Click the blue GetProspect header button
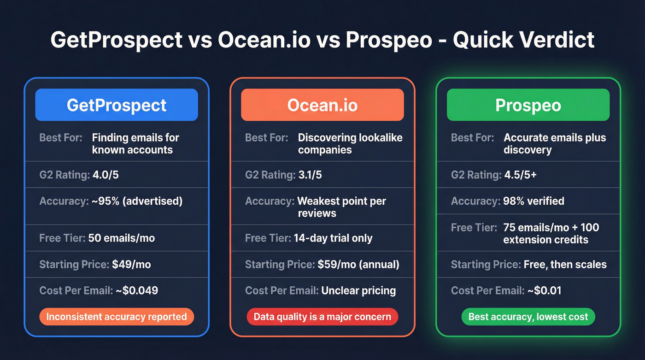(x=117, y=105)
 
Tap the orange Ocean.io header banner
(x=322, y=105)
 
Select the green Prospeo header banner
(x=528, y=105)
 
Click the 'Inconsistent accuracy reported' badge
(x=117, y=317)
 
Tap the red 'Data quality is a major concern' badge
(x=322, y=317)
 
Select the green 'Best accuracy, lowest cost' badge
(x=528, y=317)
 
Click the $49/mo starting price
(x=131, y=265)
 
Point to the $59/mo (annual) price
(x=358, y=265)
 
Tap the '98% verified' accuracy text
(x=534, y=201)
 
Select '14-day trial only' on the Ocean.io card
(x=333, y=238)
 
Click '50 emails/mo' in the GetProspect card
(x=122, y=238)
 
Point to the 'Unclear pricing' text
(x=358, y=290)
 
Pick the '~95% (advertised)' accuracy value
(x=135, y=201)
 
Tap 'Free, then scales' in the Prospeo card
(x=565, y=265)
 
